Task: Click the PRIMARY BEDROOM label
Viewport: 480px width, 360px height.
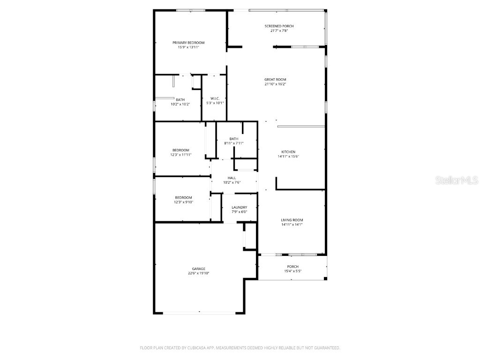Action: [188, 43]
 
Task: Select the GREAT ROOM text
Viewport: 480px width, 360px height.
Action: [275, 80]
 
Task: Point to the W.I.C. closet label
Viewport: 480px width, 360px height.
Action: [215, 98]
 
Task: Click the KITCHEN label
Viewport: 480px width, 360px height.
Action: [288, 152]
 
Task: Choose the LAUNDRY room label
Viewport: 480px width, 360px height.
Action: [239, 207]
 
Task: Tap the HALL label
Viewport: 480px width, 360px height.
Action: [232, 178]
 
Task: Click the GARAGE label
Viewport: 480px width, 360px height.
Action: [198, 269]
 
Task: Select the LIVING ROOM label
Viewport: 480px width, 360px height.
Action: [292, 220]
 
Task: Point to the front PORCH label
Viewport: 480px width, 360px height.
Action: [292, 267]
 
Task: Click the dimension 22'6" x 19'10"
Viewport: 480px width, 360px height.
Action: [198, 273]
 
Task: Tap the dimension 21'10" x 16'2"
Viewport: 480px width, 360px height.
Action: [275, 84]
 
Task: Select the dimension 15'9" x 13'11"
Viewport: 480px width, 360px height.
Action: [188, 47]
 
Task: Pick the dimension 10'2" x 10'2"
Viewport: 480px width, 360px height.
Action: [180, 104]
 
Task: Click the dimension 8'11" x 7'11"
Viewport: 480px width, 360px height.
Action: [233, 143]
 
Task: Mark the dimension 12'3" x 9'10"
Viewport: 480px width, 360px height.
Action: [183, 202]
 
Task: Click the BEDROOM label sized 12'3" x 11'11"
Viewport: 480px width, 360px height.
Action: [180, 150]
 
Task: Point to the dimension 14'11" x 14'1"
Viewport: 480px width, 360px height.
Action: [292, 225]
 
